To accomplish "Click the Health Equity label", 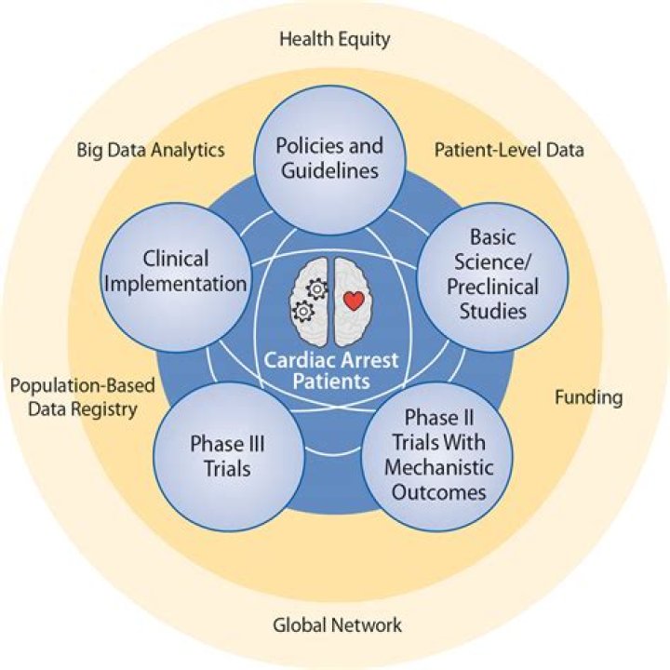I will tap(335, 39).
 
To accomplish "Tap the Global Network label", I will tap(338, 624).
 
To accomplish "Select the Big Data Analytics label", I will tap(151, 150).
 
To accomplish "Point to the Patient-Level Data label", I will tap(509, 150).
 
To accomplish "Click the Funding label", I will tap(588, 397).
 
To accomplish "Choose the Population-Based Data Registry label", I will tap(82, 397).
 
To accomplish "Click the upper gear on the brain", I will tap(317, 289).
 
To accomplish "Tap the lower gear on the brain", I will tap(302, 311).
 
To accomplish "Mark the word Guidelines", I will tap(329, 171).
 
